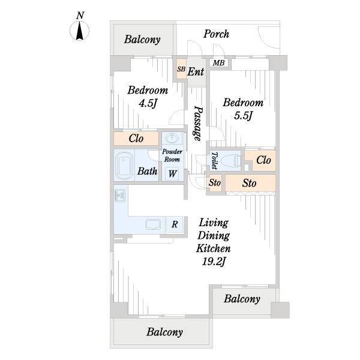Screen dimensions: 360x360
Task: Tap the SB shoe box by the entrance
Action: coord(181,69)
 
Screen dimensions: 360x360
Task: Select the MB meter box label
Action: coord(218,62)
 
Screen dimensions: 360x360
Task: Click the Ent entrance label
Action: coord(196,71)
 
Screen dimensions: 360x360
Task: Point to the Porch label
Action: coord(216,34)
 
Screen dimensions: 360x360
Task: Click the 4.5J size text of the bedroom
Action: coord(148,103)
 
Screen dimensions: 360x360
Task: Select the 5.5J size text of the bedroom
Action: coord(243,115)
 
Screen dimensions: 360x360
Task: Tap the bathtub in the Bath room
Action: coord(124,166)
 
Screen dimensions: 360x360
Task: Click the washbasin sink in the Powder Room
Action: coord(172,139)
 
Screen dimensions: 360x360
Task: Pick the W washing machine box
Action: coord(172,174)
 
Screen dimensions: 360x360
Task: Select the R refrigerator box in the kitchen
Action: coord(175,224)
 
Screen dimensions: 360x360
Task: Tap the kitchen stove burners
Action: coord(121,196)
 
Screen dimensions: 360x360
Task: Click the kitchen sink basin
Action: coord(153,224)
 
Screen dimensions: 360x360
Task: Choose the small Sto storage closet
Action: coord(215,183)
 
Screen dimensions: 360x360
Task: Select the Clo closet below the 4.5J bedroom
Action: coord(136,139)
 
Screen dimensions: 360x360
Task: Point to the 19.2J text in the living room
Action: coord(213,261)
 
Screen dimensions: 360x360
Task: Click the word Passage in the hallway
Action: coord(197,123)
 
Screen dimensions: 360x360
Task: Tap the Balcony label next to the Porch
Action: coord(142,40)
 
